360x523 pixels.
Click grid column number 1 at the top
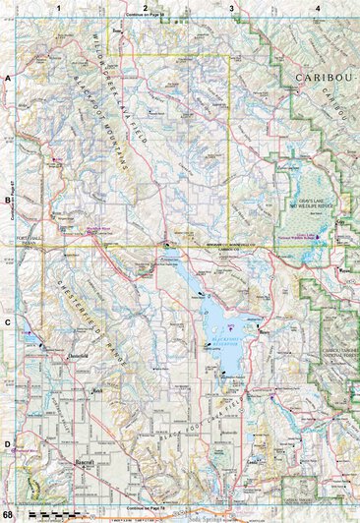pos(59,8)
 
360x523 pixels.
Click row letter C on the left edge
pos(7,321)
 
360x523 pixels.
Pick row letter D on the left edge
pos(7,443)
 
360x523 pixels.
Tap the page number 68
pos(8,515)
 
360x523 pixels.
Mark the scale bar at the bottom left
pos(49,514)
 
